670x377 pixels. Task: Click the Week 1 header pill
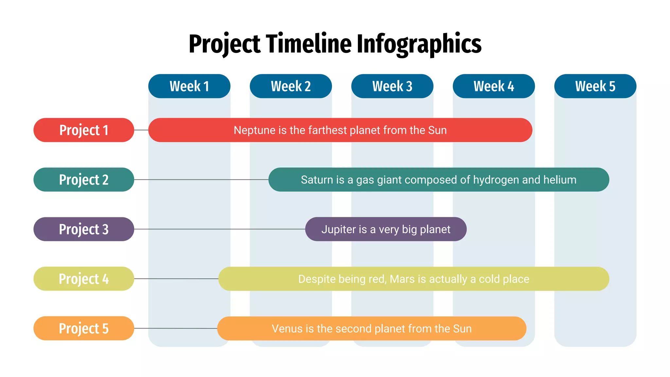(x=189, y=86)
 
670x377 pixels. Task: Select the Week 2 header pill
(x=291, y=86)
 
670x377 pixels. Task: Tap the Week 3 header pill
(x=392, y=86)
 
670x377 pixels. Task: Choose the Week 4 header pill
(x=494, y=86)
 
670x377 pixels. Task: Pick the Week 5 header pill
(x=595, y=86)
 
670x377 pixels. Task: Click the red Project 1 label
(x=84, y=130)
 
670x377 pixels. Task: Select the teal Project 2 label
(x=84, y=180)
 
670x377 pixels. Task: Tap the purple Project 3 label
(x=84, y=229)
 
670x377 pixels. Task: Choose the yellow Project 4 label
(x=84, y=279)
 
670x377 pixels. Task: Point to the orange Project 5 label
(x=84, y=328)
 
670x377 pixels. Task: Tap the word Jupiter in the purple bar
(x=339, y=229)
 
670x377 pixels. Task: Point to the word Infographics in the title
(x=419, y=44)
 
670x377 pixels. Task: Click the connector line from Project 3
(x=219, y=229)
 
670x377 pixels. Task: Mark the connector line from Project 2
(x=201, y=180)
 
